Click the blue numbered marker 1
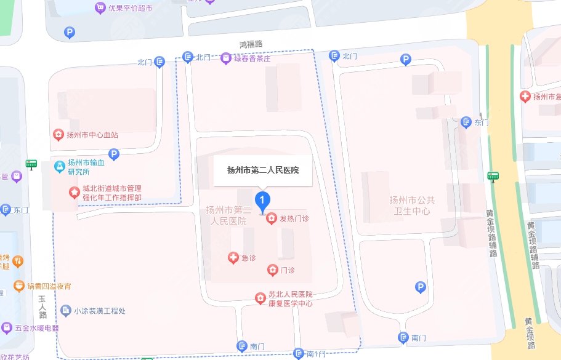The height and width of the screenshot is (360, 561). coord(263,200)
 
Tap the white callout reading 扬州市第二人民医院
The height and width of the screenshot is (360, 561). coord(263,170)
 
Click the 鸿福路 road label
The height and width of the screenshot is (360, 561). coord(251,44)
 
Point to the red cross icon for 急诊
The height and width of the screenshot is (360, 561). coord(233,258)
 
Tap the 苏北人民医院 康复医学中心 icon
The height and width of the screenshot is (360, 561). coord(261,298)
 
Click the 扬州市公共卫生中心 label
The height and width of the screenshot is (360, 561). coord(412,206)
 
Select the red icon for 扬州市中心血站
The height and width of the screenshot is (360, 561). coord(57,135)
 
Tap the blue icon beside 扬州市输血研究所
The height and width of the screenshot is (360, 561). coord(59,166)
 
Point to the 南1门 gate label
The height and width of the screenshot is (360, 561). coord(314,353)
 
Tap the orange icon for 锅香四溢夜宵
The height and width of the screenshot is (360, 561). coord(17,286)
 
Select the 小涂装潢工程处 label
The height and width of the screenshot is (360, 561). coord(99,311)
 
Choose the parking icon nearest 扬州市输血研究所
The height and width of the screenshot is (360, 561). coord(113,154)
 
